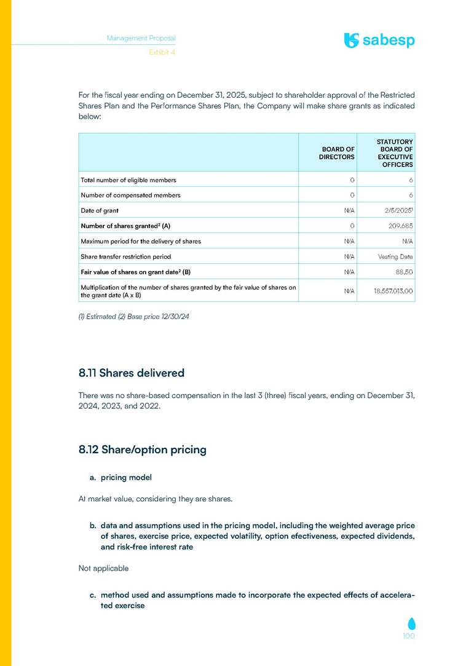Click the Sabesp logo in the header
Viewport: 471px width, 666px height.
[379, 41]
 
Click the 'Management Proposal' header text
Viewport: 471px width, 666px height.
[141, 38]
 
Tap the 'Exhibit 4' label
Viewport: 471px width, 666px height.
[162, 52]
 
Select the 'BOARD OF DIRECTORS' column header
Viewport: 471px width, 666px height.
[336, 153]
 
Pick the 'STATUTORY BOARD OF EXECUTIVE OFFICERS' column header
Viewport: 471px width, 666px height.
[395, 153]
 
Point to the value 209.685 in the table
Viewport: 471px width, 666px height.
[399, 226]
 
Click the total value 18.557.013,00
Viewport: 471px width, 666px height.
[393, 291]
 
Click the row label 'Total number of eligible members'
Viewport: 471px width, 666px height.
[129, 180]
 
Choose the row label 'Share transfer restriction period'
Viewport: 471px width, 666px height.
[126, 256]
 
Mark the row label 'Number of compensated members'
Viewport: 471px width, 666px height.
[130, 195]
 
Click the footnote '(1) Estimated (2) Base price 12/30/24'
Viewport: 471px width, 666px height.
[130, 317]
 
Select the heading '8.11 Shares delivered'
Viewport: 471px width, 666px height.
[132, 373]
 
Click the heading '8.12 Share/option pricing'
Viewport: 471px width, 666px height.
[143, 450]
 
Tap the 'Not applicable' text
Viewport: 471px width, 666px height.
[103, 568]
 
